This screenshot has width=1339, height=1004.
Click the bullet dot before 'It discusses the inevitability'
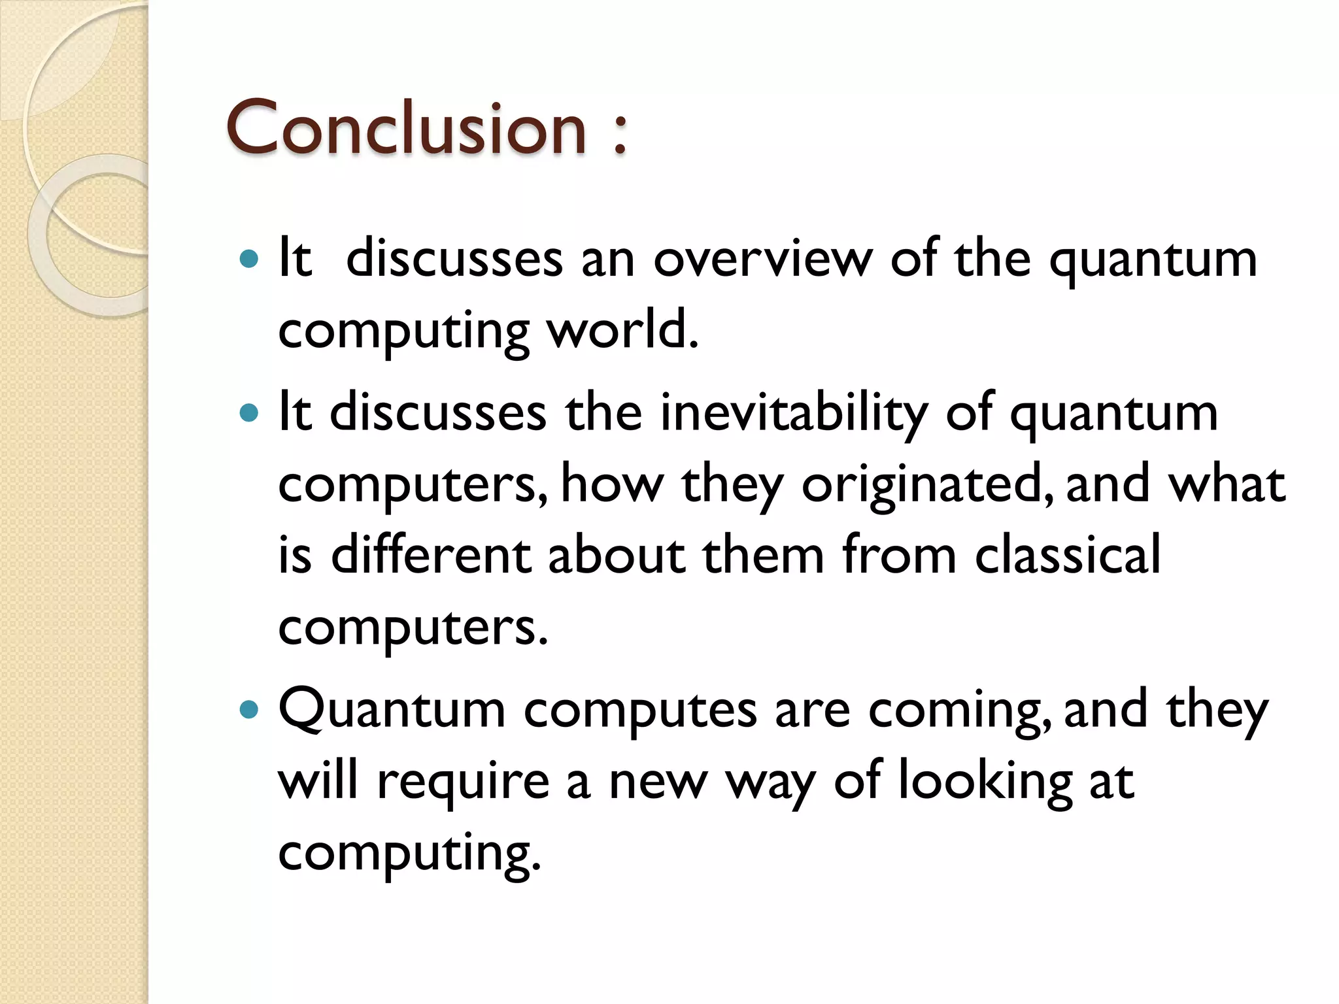click(249, 413)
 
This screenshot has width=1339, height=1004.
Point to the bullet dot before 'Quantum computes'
click(249, 709)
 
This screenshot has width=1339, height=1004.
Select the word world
click(622, 330)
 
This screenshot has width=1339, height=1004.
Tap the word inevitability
click(793, 413)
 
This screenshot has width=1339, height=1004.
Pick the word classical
click(1067, 556)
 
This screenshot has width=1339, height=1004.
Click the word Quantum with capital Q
click(392, 711)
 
